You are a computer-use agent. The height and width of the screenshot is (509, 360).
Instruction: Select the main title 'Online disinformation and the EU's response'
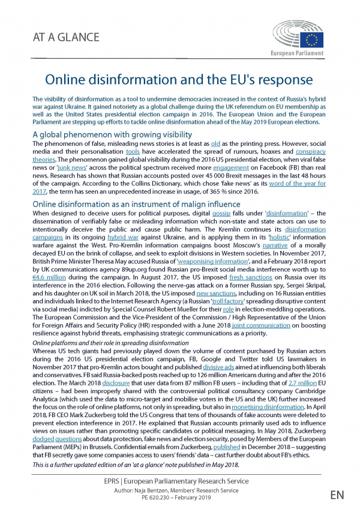point(179,80)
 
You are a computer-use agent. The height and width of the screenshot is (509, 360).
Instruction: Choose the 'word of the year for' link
point(298,183)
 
